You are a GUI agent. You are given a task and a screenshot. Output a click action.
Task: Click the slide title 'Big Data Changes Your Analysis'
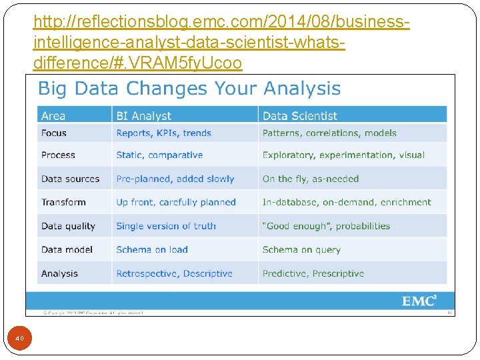tap(189, 89)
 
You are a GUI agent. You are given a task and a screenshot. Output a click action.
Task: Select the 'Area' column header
tap(53, 116)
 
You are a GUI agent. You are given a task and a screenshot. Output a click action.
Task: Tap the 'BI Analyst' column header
tap(143, 116)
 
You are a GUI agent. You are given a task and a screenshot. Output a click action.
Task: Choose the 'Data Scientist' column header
tap(300, 116)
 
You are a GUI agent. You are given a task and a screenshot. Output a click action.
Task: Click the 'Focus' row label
tap(54, 133)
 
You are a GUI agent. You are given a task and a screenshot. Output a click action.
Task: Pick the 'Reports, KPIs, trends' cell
tap(163, 133)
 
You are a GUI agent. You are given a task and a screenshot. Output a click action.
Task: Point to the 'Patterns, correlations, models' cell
tap(329, 133)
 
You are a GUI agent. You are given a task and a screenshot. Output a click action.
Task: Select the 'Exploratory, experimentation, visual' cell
tap(343, 155)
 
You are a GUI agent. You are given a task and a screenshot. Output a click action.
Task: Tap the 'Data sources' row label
tap(70, 179)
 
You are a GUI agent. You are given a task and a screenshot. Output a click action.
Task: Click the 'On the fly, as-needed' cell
tap(311, 179)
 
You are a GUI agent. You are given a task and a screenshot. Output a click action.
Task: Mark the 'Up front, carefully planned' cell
tap(176, 202)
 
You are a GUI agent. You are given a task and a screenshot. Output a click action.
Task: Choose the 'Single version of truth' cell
tap(166, 226)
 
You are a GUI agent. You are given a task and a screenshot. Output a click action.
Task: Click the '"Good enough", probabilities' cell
tap(326, 226)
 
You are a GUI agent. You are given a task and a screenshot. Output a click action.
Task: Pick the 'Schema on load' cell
tap(152, 249)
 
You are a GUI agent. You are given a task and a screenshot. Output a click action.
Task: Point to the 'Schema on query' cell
tap(301, 249)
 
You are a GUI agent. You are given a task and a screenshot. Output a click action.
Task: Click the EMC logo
tap(419, 301)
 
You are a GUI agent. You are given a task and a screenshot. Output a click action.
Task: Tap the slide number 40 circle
tap(19, 339)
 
